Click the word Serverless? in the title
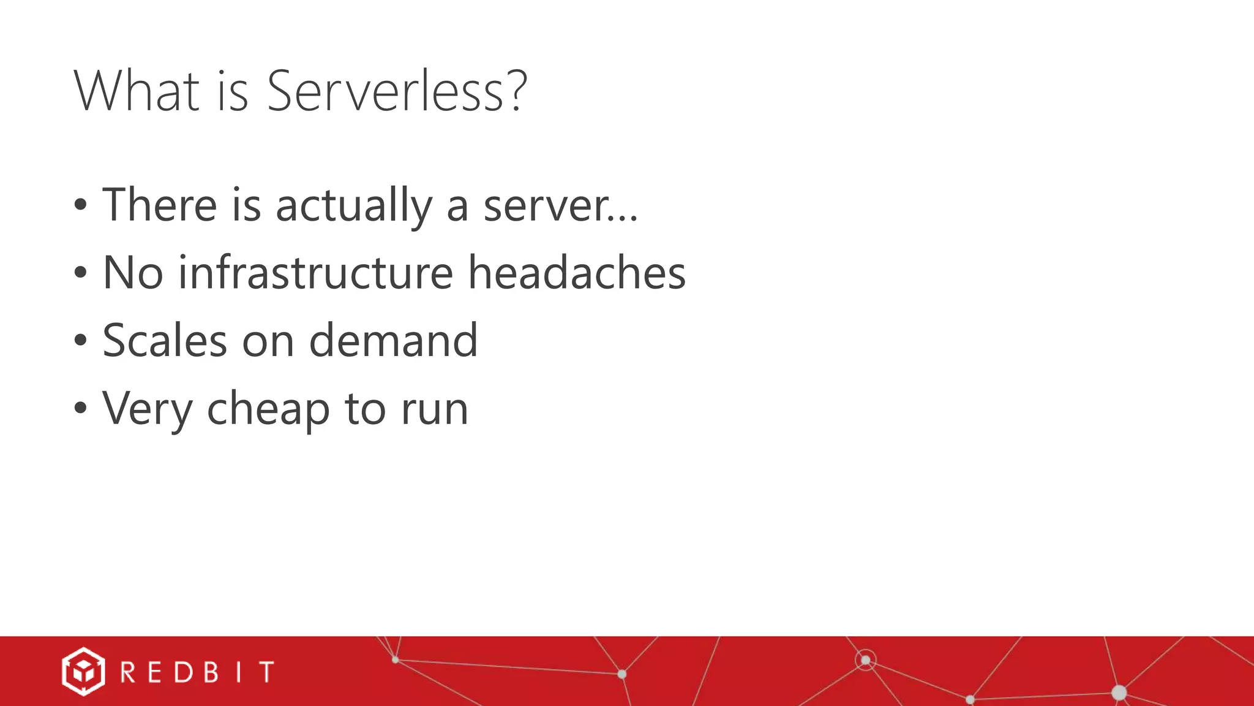[397, 91]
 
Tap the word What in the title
[137, 91]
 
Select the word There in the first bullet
[160, 205]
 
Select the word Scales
[165, 340]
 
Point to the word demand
[393, 340]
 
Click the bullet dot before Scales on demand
[80, 340]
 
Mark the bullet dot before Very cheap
[80, 408]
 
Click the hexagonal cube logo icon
[83, 672]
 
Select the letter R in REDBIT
[128, 672]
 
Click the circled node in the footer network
[865, 660]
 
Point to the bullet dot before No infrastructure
[80, 273]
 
